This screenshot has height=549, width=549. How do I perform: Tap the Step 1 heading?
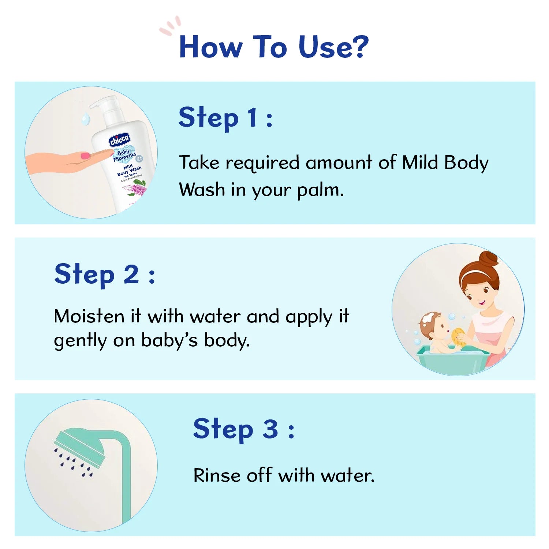[225, 118]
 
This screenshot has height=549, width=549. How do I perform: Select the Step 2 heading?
[104, 274]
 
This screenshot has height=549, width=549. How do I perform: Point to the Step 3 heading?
[243, 429]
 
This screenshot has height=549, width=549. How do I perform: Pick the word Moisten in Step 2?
[89, 316]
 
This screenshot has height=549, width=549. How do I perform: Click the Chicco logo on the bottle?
[119, 140]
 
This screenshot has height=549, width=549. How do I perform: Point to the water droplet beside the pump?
[86, 119]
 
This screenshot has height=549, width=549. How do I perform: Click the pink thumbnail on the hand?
[85, 156]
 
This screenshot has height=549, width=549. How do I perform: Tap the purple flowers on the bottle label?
[138, 190]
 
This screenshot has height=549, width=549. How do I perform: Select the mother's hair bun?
[489, 259]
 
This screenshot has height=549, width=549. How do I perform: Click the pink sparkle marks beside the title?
[170, 26]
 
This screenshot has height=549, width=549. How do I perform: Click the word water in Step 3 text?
[347, 475]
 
